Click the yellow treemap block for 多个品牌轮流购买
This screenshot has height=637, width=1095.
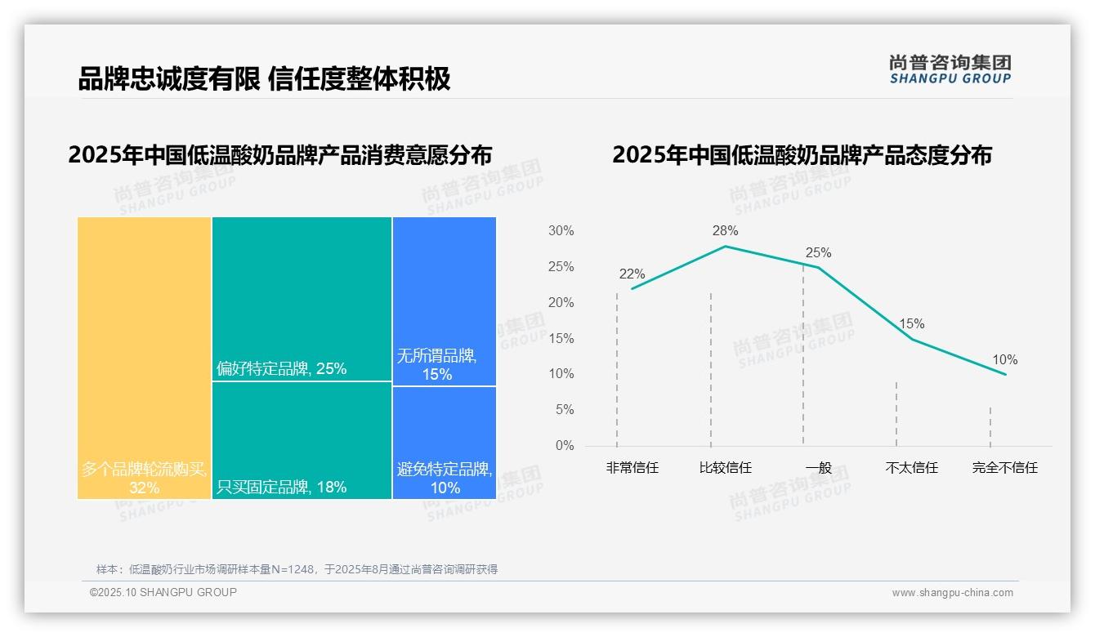[x=145, y=358]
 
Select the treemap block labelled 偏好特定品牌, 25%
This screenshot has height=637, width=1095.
[x=302, y=299]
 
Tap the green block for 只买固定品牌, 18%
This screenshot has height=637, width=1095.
[x=302, y=440]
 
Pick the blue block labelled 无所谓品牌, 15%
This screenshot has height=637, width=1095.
[x=444, y=301]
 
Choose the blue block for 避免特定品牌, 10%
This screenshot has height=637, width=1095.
[x=444, y=442]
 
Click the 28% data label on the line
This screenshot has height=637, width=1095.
[x=725, y=231]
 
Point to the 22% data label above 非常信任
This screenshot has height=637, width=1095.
[x=632, y=274]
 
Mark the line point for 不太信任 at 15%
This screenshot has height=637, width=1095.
[x=912, y=339]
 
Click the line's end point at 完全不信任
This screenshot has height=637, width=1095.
[x=1005, y=374]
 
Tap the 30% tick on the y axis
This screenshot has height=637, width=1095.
[x=561, y=231]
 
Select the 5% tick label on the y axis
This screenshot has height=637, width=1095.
[x=564, y=410]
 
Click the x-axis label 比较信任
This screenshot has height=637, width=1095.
[x=725, y=468]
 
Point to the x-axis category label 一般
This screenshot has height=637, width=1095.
[x=818, y=468]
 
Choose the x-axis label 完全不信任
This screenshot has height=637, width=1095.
[x=1004, y=468]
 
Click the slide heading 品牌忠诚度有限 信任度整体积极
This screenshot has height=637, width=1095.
[x=264, y=79]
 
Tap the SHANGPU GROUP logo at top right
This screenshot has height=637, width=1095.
[x=950, y=69]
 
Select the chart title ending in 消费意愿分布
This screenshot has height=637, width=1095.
[x=280, y=155]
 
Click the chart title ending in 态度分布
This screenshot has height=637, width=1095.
[x=802, y=155]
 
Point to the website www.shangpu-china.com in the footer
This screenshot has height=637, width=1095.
[x=952, y=593]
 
